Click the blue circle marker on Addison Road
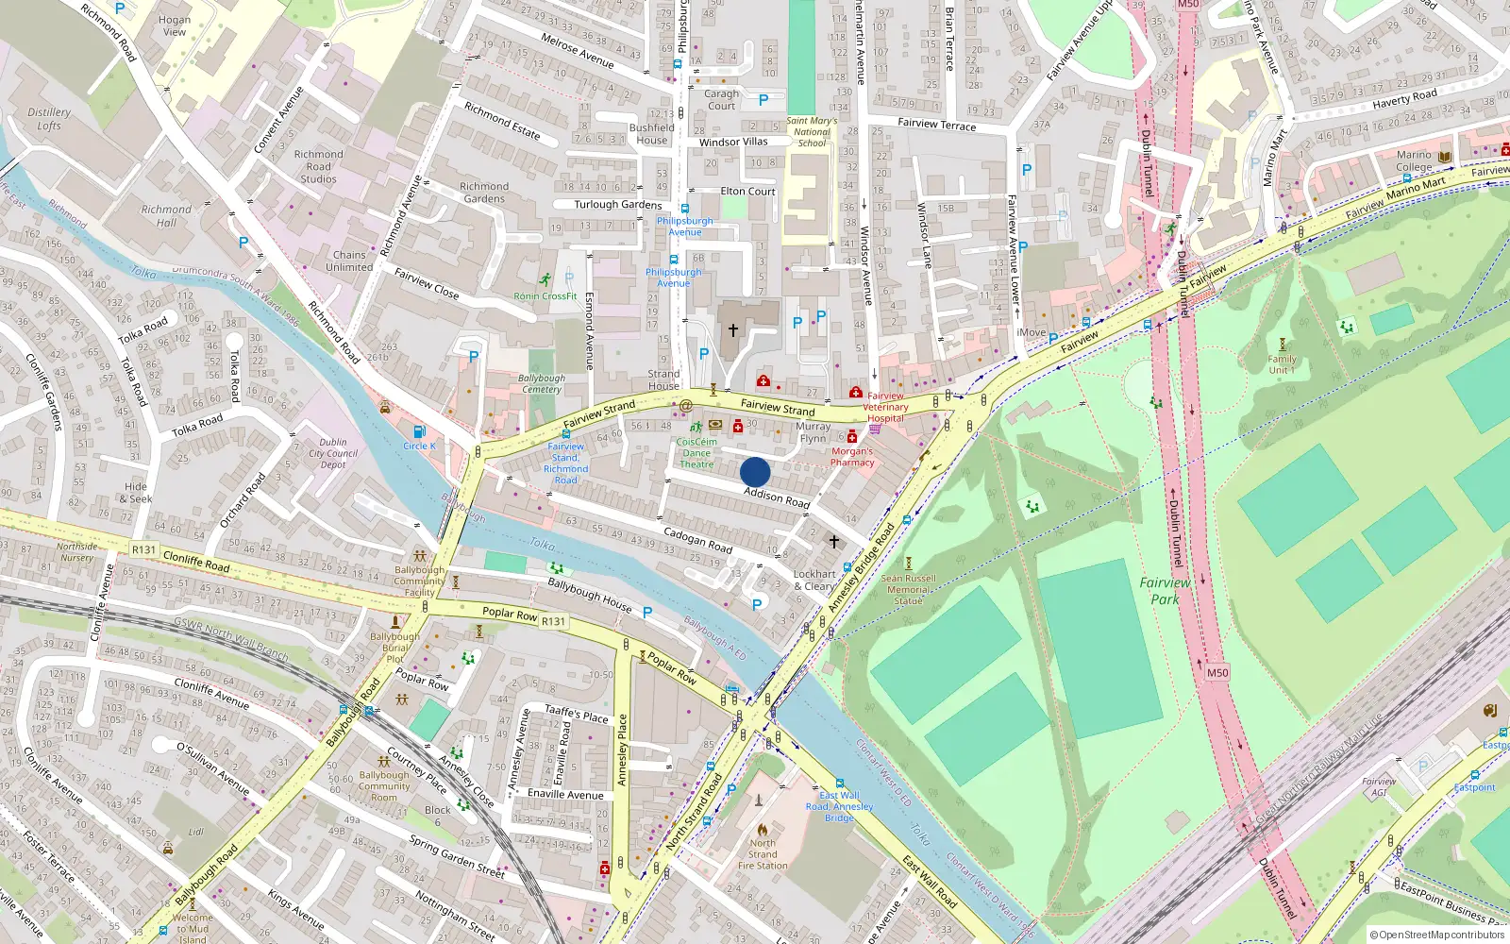tap(755, 472)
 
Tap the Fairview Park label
tap(1165, 591)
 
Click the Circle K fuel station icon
tap(419, 431)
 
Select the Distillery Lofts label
tap(49, 119)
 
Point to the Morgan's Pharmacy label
tap(852, 457)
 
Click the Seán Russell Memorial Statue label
tap(908, 589)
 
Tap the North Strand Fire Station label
tap(763, 854)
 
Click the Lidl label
tap(196, 832)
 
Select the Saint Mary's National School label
tap(812, 132)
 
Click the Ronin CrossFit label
tap(545, 295)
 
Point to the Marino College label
tap(1414, 160)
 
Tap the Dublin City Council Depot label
tap(333, 453)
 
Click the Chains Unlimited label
tap(349, 261)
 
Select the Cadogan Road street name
tap(697, 540)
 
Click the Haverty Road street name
tap(1404, 98)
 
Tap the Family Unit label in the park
tap(1282, 364)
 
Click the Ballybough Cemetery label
tap(542, 383)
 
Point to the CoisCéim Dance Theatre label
tap(696, 453)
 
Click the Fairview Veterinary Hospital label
tap(885, 407)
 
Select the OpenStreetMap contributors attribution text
tap(1436, 935)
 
